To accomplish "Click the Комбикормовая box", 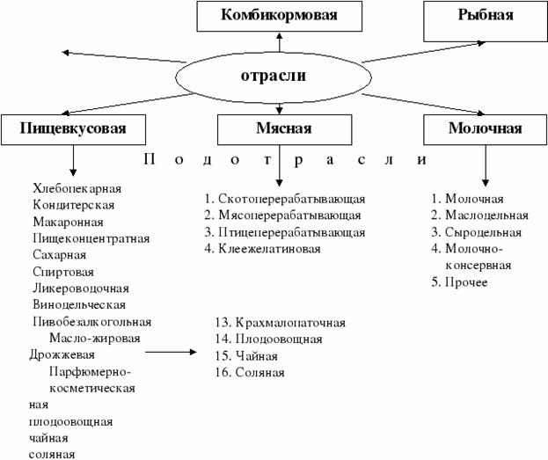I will point(279,16).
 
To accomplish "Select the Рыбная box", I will point(485,16).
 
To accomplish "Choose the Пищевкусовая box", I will point(73,128).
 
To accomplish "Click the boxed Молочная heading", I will point(485,128).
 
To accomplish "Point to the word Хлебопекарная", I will point(77,189).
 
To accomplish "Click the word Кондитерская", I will point(73,205).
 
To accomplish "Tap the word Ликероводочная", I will point(80,288).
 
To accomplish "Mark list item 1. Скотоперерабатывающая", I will point(283,200).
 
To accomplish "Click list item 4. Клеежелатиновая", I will point(261,249).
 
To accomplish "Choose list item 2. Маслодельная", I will point(479,215).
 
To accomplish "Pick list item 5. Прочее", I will point(459,282).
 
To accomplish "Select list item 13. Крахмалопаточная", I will point(280,323).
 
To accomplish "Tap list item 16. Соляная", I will point(249,373).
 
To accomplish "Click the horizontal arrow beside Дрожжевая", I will point(172,353).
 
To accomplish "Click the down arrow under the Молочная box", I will point(485,164).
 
